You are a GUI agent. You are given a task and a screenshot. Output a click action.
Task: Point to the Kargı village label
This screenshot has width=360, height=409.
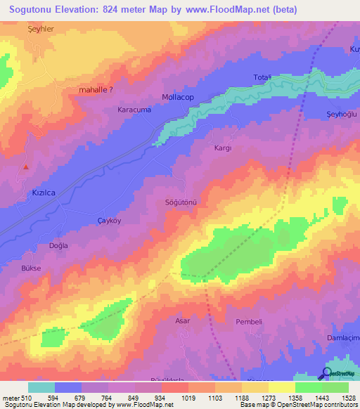point(222,149)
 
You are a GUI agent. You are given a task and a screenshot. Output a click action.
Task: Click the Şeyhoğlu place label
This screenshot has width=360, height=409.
point(343,115)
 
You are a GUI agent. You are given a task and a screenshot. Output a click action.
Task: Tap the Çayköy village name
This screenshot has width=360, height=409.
point(109,221)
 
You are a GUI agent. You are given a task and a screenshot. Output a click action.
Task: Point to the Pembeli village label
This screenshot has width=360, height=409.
point(249,322)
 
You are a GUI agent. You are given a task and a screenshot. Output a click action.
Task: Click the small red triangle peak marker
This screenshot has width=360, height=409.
point(26,167)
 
